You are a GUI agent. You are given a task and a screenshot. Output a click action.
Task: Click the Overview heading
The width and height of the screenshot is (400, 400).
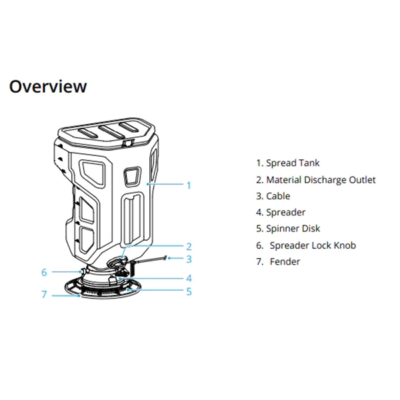click(x=47, y=87)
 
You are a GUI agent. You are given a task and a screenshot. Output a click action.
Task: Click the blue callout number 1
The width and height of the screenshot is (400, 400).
click(x=189, y=185)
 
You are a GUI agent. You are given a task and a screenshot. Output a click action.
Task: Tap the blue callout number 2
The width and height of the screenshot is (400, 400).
click(x=189, y=246)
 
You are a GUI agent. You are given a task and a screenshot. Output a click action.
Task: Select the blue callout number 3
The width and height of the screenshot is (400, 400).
click(x=189, y=259)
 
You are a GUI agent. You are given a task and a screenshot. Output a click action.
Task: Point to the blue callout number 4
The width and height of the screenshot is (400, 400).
click(x=189, y=277)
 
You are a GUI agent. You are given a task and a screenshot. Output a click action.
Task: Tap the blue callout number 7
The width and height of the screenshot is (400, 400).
click(x=44, y=294)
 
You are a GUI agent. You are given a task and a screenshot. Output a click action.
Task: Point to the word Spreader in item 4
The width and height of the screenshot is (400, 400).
click(x=286, y=213)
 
